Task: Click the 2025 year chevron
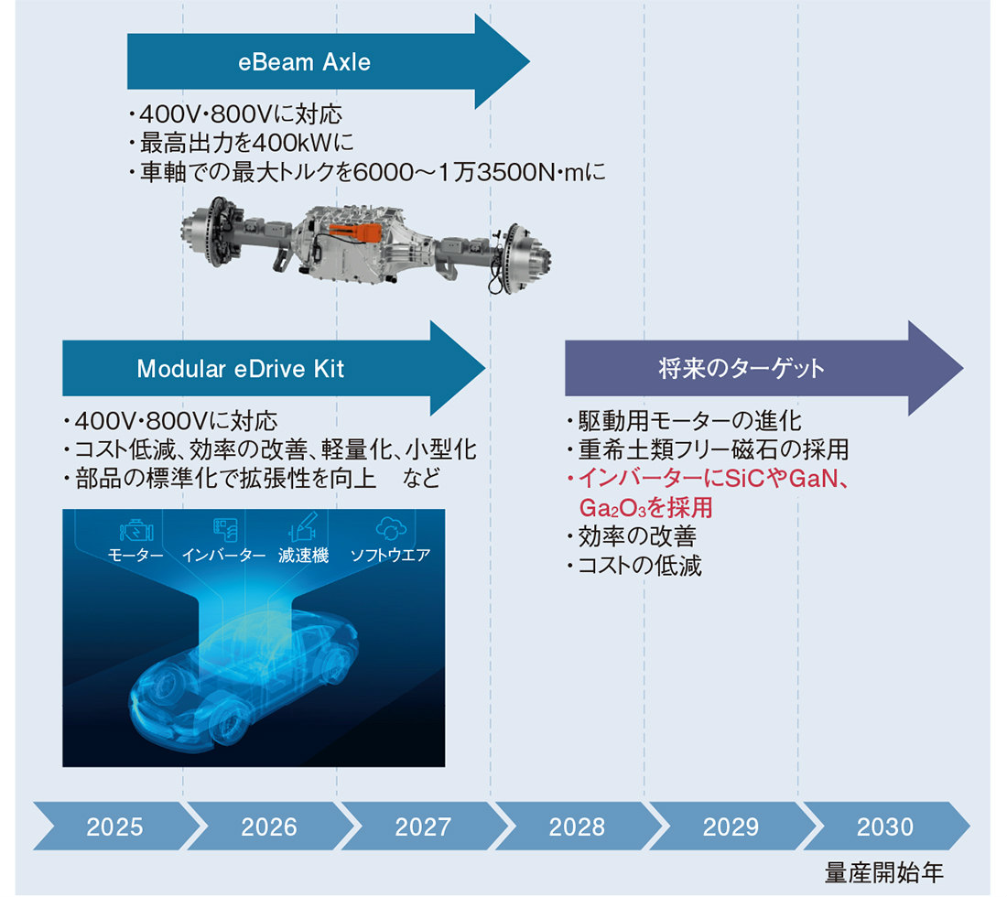[115, 827]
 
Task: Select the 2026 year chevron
[269, 827]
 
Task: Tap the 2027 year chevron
[423, 827]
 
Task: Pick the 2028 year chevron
[577, 827]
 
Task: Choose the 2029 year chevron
[731, 827]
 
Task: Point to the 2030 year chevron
[885, 827]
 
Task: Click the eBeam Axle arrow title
[305, 62]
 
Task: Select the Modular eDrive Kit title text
[241, 369]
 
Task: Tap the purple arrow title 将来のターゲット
[742, 369]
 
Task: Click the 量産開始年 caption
[884, 873]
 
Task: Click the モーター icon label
[135, 555]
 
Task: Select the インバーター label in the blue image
[223, 555]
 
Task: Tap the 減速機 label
[304, 555]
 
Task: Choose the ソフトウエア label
[391, 555]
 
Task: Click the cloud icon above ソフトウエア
[391, 528]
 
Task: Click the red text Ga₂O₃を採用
[646, 508]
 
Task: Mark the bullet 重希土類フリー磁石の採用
[708, 449]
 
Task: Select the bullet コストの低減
[634, 566]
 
